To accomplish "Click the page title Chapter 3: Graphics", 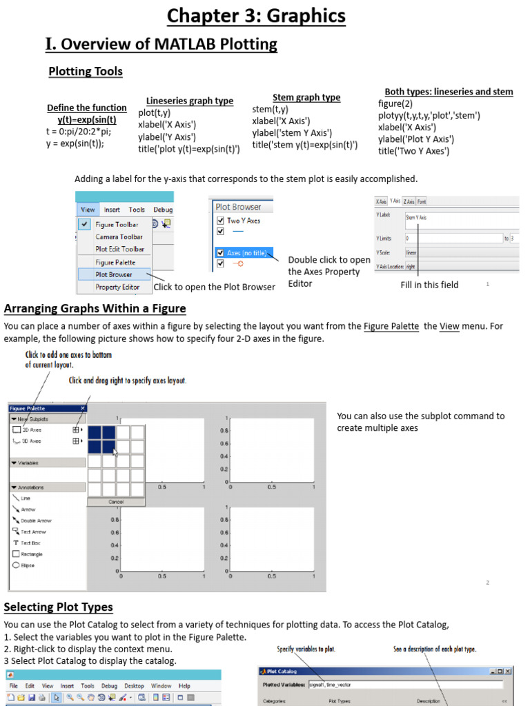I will coord(264,15).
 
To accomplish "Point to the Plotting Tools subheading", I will coord(86,72).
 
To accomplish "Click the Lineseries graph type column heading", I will coord(190,101).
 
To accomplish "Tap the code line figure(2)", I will coord(395,104).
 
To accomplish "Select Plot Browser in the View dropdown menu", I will coord(113,274).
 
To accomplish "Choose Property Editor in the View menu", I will coord(117,287).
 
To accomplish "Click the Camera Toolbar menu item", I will coord(119,236).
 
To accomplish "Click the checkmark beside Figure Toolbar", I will coord(84,224).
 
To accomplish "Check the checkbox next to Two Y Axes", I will coord(221,221).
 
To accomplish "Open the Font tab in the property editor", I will coord(422,201).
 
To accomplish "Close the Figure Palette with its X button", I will coord(83,408).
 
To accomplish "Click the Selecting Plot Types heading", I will coord(59,607).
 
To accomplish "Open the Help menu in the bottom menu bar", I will coord(184,686).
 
